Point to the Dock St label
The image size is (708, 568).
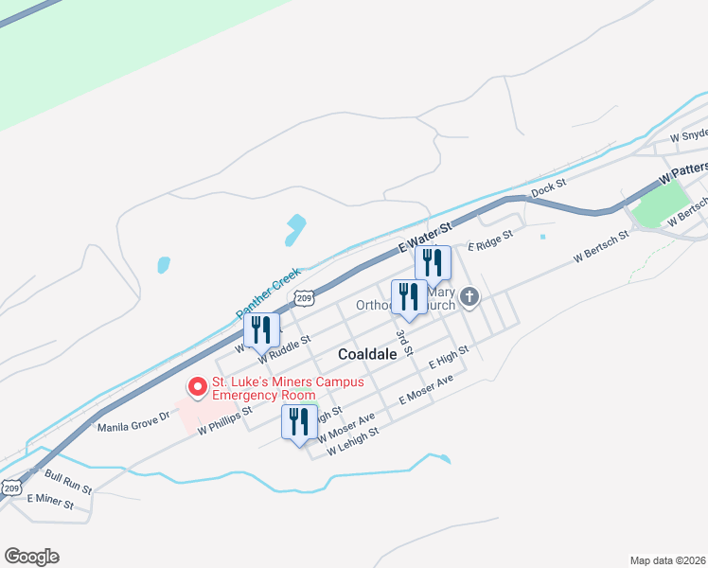pos(547,189)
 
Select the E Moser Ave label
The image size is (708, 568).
pos(426,388)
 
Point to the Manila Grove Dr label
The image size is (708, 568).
pos(133,421)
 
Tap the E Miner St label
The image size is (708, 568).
pos(51,501)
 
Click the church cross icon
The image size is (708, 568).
pos(469,300)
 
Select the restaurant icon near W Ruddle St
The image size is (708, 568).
pos(261,329)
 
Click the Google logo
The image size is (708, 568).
pos(31,557)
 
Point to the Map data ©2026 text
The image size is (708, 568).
pos(667,560)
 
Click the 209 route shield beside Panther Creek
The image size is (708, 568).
pos(304,298)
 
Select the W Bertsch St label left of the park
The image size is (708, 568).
pos(600,247)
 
